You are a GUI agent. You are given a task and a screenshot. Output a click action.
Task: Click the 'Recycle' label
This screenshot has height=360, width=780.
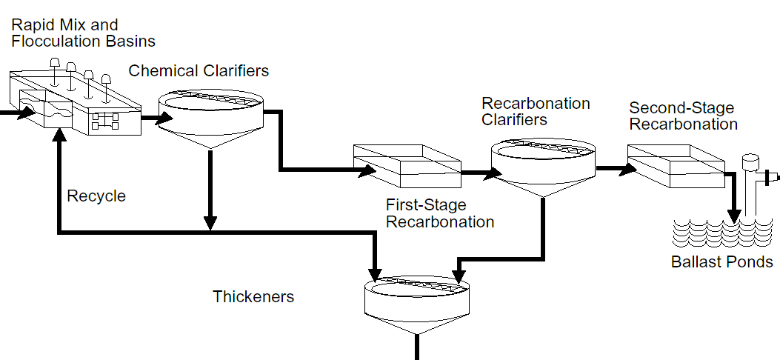96,196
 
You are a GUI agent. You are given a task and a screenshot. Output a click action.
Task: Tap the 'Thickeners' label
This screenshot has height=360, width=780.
253,297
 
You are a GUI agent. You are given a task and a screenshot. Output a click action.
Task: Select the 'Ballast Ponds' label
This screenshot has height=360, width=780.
721,261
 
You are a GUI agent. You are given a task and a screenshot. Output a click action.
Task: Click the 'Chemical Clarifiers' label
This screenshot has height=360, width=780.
199,71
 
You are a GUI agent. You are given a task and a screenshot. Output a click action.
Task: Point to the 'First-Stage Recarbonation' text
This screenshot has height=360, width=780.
440,213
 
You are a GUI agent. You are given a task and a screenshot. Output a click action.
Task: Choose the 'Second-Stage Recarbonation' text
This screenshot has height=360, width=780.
683,116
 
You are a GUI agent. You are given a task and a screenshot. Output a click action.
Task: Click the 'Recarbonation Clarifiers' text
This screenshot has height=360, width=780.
536,111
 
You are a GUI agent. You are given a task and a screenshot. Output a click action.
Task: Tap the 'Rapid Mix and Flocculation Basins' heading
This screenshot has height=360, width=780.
83,33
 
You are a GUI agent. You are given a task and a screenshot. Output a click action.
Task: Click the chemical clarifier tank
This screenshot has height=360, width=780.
211,119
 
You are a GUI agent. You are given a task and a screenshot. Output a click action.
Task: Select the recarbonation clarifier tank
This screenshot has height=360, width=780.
543,166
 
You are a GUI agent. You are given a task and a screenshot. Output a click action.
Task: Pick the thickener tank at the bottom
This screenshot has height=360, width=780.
417,304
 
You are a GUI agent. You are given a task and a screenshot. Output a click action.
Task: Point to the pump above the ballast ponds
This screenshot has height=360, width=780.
753,178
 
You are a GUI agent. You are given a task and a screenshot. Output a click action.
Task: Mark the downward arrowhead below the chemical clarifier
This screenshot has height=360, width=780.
210,221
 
